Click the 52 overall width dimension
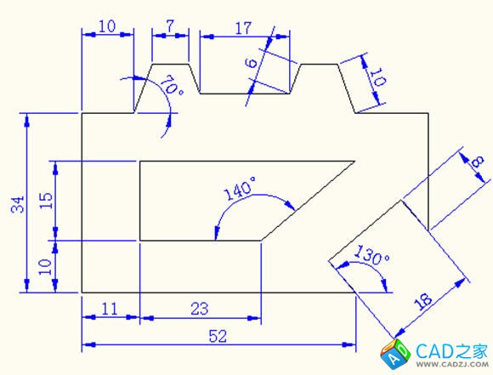218,336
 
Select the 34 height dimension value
18,204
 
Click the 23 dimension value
200,309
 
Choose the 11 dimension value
110,309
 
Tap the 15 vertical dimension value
46,200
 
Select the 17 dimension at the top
243,28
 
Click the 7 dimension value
170,26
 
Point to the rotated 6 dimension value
252,63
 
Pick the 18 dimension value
423,301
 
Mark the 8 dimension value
478,162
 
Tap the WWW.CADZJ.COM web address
452,364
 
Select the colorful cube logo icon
395,354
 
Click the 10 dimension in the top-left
108,26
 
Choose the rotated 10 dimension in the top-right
377,77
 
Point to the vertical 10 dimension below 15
45,267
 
